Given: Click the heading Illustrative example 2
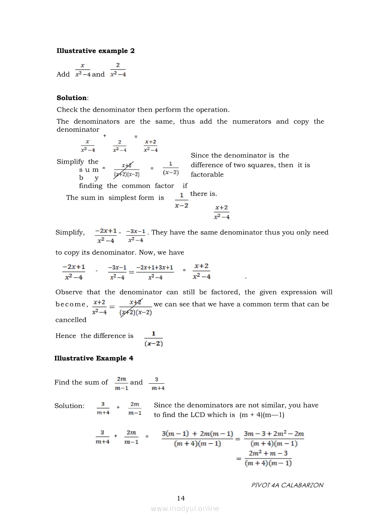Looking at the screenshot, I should point(95,51).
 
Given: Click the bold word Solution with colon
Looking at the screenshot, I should point(73,98).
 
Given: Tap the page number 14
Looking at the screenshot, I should point(181,498).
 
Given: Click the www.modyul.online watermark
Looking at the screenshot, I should point(185,508).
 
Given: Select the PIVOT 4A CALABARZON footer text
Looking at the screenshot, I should point(287,485).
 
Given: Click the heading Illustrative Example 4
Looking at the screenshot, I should point(94,358).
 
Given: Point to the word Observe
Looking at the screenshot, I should point(69,292).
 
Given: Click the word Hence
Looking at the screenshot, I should point(65,336).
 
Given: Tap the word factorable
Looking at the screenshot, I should point(207,175).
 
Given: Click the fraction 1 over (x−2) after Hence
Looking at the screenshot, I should point(154,339).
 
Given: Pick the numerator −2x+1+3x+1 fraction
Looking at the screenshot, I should point(155,272).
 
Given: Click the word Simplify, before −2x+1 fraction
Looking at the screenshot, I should point(70,232).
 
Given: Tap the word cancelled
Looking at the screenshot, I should point(71,320).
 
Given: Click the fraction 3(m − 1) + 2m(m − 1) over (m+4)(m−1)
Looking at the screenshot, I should point(198,439).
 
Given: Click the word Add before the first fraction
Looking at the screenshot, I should point(63,74).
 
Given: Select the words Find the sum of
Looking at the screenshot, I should point(81,382).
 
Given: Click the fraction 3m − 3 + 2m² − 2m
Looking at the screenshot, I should point(274,439).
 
